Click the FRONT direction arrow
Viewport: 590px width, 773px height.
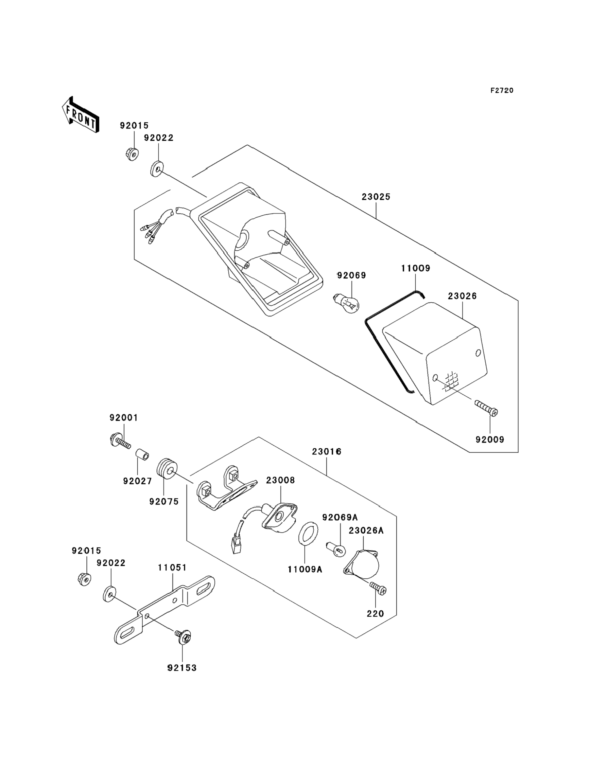point(80,115)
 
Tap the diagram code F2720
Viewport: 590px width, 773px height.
point(502,91)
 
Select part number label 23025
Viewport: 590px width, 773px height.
point(376,197)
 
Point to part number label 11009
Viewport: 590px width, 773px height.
point(416,268)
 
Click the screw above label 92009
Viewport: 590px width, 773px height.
point(486,409)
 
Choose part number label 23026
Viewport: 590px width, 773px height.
point(462,296)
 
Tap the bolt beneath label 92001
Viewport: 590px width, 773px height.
point(120,442)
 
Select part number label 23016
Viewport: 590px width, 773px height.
point(327,452)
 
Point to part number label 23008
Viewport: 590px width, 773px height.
point(280,480)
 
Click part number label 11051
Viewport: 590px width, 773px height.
point(172,567)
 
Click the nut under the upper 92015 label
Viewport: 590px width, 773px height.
point(132,154)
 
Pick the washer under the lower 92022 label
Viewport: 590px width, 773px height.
point(110,594)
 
